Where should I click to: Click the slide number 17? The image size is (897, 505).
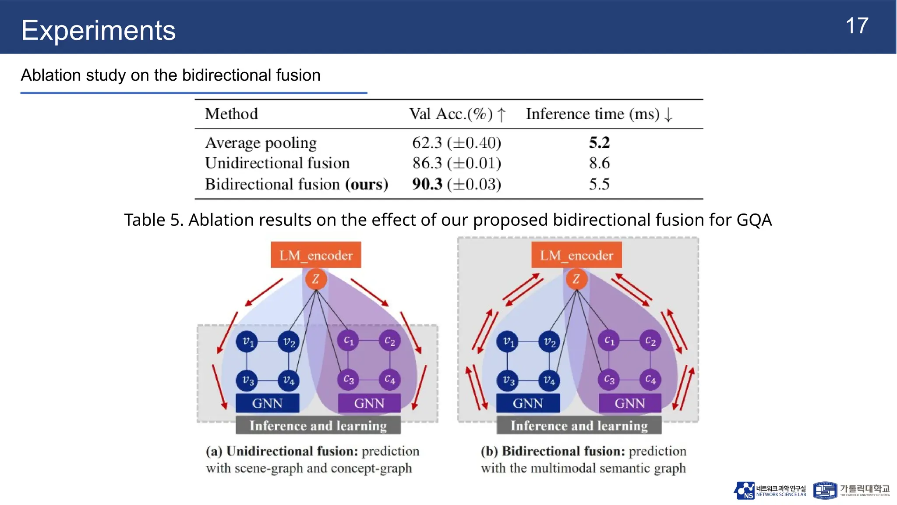[857, 26]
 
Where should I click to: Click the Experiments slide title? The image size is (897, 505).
[99, 30]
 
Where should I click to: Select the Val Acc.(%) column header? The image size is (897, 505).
[457, 114]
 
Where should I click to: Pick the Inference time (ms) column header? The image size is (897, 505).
[599, 114]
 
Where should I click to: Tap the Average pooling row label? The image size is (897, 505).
[261, 143]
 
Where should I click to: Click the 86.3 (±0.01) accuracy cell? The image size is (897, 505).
[456, 163]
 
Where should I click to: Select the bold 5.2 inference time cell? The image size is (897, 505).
[599, 142]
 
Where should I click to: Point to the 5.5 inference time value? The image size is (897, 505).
[599, 184]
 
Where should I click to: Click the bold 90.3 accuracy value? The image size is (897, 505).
[427, 184]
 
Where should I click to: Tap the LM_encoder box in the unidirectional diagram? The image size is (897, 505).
[316, 255]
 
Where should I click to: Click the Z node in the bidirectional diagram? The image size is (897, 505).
[576, 279]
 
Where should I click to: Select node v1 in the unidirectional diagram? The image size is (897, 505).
[247, 341]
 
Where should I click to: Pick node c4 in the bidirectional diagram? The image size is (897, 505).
[650, 380]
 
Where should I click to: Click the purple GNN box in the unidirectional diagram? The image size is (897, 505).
[369, 403]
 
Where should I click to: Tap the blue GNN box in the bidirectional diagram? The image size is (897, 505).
[528, 403]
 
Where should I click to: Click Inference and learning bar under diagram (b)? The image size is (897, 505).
[579, 426]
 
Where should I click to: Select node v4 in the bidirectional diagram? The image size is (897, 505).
[549, 380]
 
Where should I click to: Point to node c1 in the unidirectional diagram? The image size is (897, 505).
[348, 341]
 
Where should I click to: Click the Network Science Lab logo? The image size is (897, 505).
[745, 491]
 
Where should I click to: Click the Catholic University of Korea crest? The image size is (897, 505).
[825, 491]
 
